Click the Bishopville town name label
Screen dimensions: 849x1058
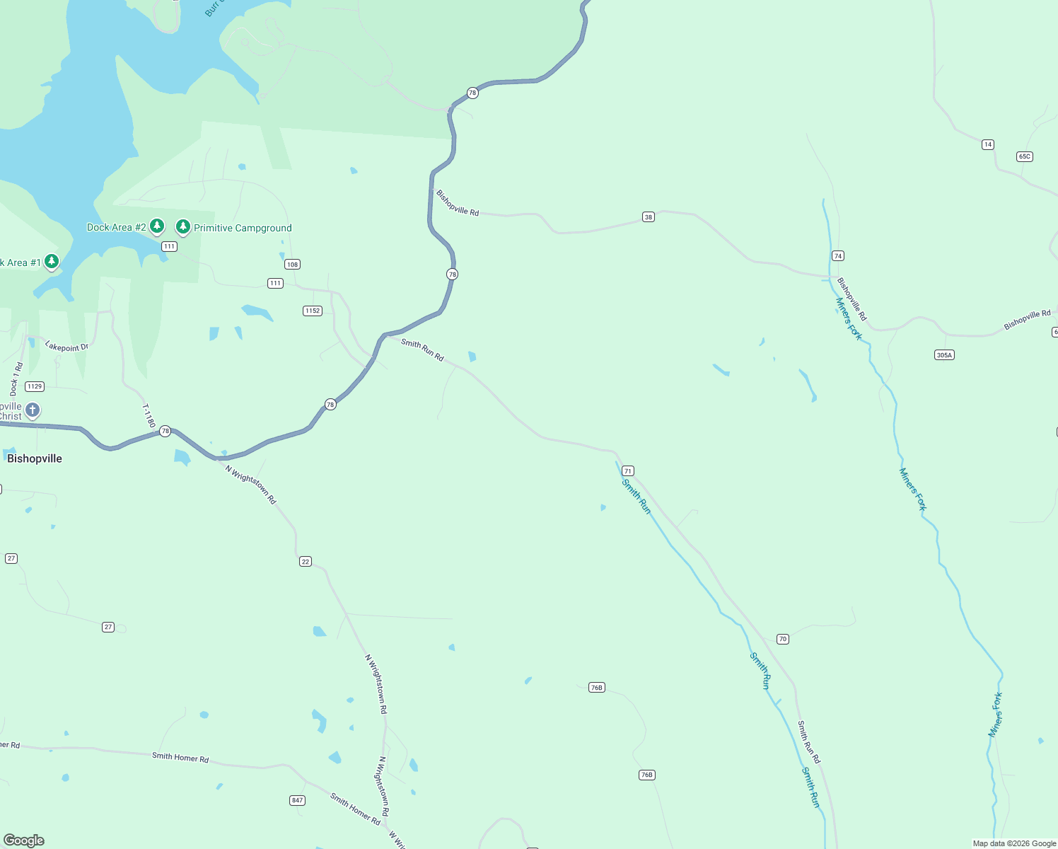click(x=35, y=458)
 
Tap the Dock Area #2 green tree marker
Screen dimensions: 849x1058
click(x=157, y=226)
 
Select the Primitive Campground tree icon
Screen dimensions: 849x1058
click(x=183, y=226)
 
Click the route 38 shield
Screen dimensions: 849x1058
click(x=649, y=216)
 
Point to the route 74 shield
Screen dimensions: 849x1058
click(x=838, y=255)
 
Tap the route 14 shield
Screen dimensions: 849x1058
click(x=988, y=144)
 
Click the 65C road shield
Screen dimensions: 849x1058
click(x=1025, y=156)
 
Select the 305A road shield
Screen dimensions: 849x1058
click(x=945, y=354)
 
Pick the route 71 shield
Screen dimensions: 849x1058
click(x=628, y=470)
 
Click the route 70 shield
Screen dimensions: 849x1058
click(x=783, y=639)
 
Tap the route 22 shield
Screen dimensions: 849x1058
click(x=306, y=561)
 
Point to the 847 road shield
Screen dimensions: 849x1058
click(x=298, y=800)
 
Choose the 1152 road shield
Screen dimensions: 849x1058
click(x=313, y=311)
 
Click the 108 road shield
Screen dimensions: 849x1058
click(x=293, y=264)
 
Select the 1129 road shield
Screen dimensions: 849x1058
click(x=35, y=386)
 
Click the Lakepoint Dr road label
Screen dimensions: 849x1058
click(x=66, y=347)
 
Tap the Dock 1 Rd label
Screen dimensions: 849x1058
click(x=16, y=379)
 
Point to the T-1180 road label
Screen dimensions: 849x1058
click(x=149, y=416)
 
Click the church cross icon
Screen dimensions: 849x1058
click(x=33, y=410)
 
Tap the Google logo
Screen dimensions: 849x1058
click(x=24, y=841)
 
